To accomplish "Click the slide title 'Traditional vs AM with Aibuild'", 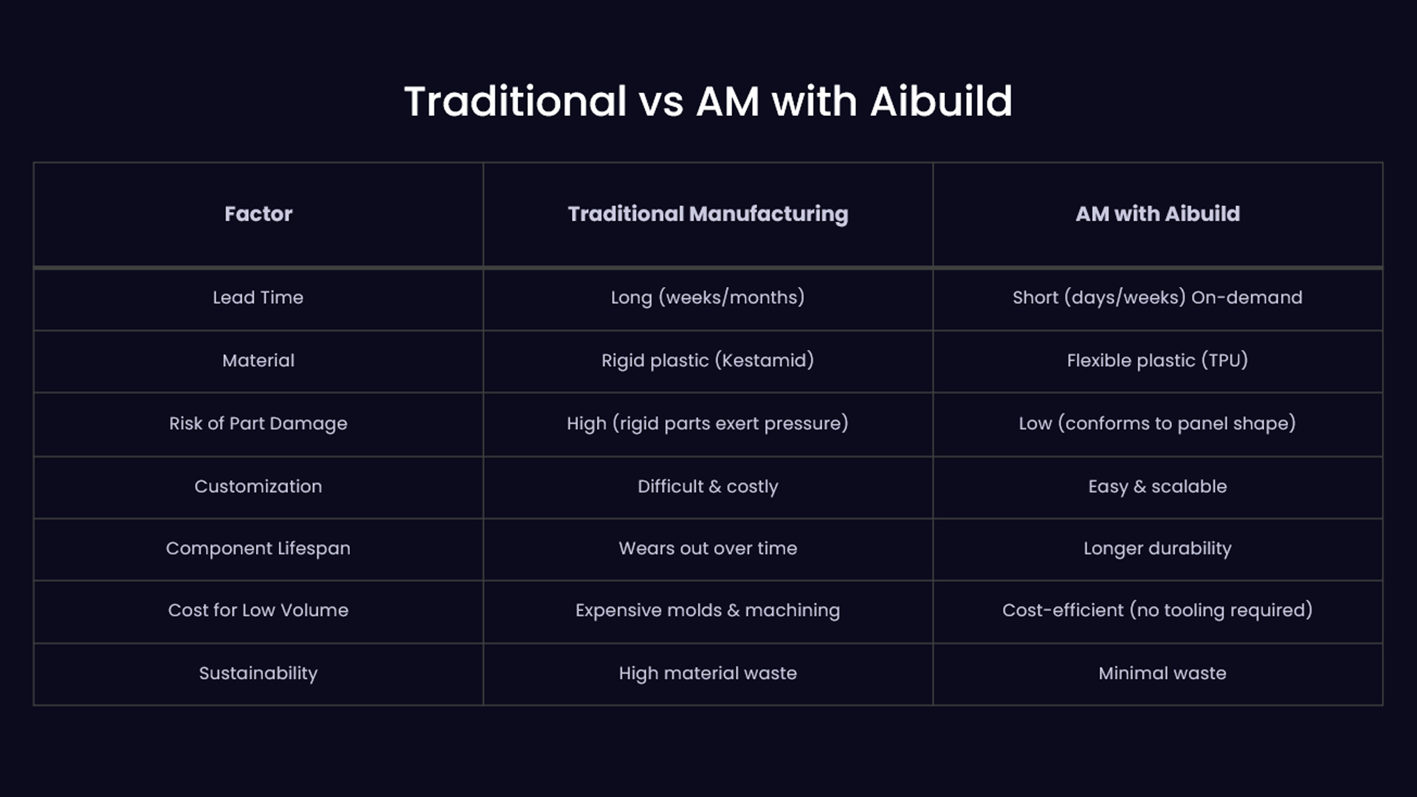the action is pos(708,101).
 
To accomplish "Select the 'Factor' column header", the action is pos(258,213).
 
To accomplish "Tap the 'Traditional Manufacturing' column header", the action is pos(708,214).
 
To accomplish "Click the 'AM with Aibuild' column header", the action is pos(1157,213).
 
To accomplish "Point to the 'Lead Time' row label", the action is pos(258,297).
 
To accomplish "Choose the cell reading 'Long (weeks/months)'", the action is pos(708,297).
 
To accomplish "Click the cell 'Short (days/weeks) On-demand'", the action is pos(1157,297).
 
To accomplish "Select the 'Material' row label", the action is pos(258,360).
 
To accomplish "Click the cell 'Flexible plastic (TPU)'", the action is pos(1157,360).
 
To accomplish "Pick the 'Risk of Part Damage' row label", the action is pos(258,424).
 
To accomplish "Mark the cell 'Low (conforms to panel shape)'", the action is pos(1157,424).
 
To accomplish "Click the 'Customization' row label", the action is pos(258,486).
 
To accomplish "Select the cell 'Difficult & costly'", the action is pos(708,486).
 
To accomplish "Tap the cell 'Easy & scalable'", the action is pos(1157,486).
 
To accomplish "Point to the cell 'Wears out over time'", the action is pos(708,548).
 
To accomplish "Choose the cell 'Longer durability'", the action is pos(1157,548).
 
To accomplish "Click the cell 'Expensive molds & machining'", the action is pos(708,610).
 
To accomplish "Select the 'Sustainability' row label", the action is pos(258,673).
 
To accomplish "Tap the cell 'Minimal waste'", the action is pos(1162,673).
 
